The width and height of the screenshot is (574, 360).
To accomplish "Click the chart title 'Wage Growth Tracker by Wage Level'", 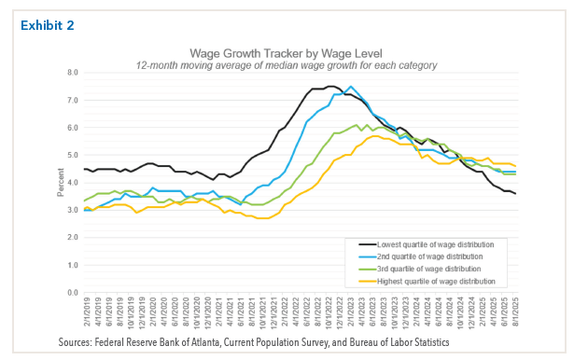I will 286,53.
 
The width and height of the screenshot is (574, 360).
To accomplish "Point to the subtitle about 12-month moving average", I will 286,64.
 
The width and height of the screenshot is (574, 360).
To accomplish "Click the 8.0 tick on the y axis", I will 73,73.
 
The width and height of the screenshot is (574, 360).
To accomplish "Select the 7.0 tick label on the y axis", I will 73,100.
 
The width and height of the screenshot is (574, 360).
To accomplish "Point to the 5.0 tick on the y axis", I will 73,155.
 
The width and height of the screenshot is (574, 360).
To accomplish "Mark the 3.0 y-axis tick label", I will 73,210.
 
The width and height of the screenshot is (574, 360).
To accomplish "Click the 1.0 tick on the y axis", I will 73,265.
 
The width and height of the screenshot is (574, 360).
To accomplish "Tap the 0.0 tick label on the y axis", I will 73,292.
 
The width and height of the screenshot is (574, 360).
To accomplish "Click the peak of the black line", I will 331,86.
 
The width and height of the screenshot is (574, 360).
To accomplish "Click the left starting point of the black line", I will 84,169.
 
